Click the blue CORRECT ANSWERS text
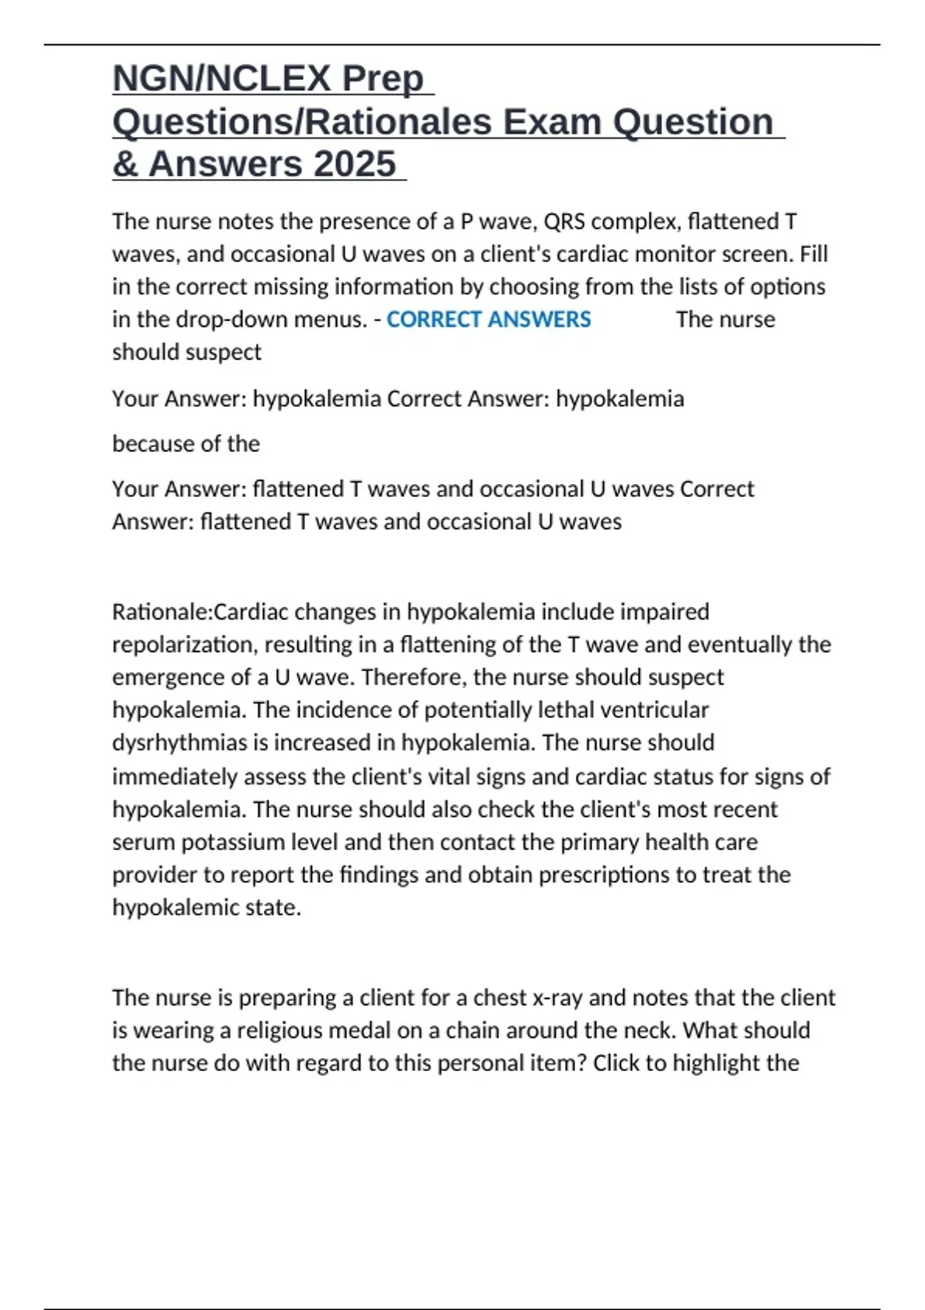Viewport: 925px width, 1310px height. pyautogui.click(x=489, y=319)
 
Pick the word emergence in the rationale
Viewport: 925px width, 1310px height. pyautogui.click(x=167, y=677)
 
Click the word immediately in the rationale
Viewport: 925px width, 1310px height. pyautogui.click(x=174, y=776)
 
